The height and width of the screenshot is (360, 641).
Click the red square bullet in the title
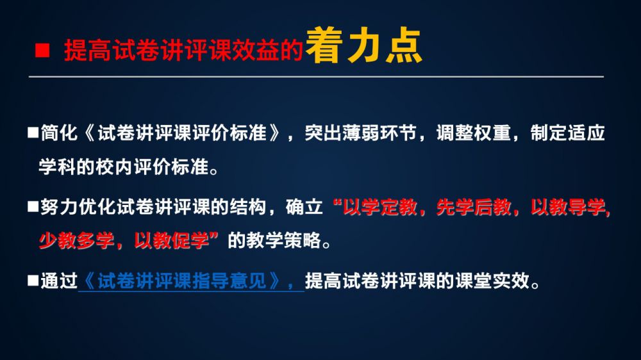[42, 51]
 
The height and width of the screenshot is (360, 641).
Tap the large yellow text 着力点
[363, 45]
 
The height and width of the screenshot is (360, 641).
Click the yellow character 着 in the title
[324, 45]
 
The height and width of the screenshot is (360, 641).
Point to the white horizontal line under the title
[316, 76]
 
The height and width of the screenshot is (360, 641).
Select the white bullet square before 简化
[33, 133]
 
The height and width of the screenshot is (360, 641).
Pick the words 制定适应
[567, 133]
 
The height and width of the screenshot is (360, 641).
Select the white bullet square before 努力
[33, 206]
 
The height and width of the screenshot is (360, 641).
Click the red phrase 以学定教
[379, 207]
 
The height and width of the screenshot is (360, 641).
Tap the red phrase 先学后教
[474, 207]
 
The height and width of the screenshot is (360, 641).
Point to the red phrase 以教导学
[567, 207]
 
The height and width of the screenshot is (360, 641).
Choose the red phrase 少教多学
[76, 240]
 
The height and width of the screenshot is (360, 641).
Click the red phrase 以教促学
[171, 240]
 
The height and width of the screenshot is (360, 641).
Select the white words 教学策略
[274, 240]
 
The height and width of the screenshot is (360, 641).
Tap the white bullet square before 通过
[33, 281]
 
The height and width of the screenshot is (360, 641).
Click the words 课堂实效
[492, 281]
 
